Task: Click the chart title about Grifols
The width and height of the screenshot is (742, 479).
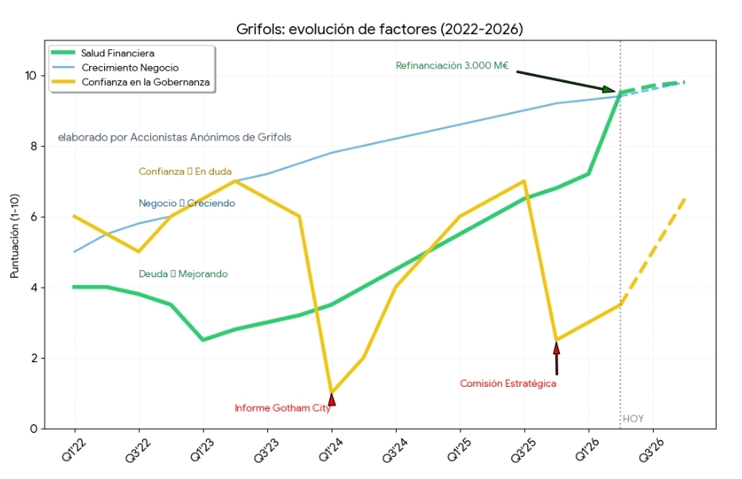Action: [x=379, y=29]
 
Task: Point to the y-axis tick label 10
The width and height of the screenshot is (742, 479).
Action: [x=30, y=75]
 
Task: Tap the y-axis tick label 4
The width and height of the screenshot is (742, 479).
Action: [x=33, y=288]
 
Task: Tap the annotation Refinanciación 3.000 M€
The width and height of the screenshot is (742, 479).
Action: [x=452, y=66]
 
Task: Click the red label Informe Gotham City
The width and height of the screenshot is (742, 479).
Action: [x=282, y=408]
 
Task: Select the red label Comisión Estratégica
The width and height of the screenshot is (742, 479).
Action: [x=507, y=384]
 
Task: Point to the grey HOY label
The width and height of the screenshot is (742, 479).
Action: [x=633, y=419]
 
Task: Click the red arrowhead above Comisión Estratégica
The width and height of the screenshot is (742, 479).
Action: [x=557, y=348]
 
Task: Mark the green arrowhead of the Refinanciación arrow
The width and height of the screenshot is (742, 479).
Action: [x=608, y=91]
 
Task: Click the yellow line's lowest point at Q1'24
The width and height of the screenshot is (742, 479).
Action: [x=332, y=392]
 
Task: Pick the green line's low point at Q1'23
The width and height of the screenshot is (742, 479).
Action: [x=203, y=340]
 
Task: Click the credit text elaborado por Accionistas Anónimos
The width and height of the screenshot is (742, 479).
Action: [x=174, y=137]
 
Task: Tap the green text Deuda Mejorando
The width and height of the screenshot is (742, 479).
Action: [x=183, y=274]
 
